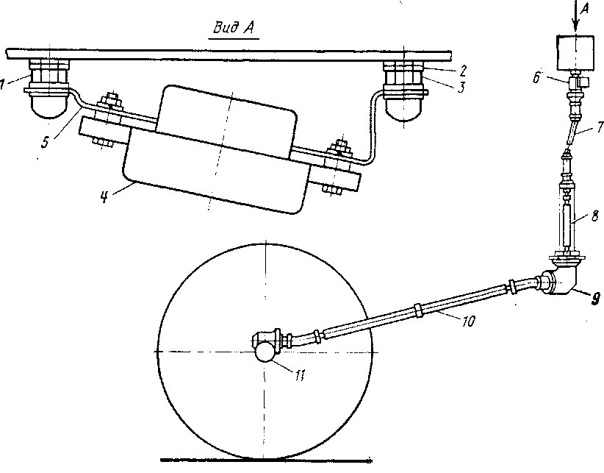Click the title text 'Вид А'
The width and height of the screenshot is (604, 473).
(x=234, y=28)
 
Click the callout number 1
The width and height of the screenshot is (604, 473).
(x=2, y=84)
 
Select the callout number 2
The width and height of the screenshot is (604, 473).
(x=464, y=71)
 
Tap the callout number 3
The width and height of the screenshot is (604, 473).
(x=461, y=87)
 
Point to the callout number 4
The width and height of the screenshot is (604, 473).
(x=104, y=197)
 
